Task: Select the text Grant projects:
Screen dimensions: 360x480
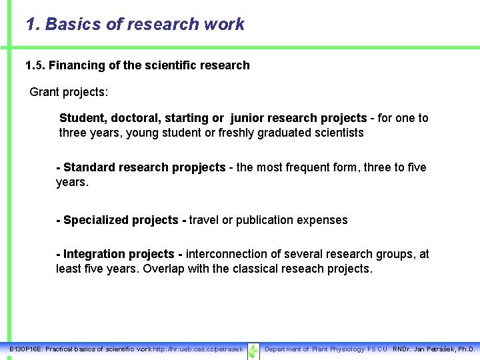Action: coord(69,92)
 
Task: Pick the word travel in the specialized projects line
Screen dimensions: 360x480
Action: coord(205,220)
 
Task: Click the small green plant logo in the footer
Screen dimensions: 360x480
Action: coord(253,350)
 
